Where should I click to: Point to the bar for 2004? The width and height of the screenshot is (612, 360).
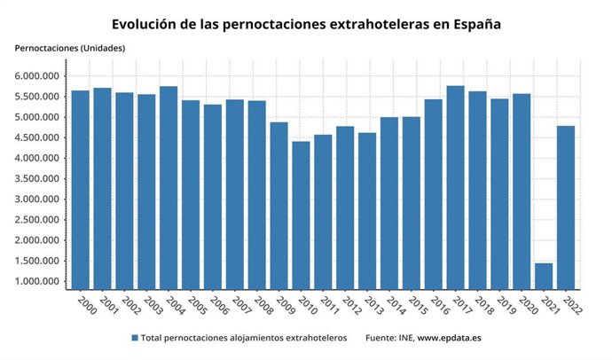[x=169, y=187]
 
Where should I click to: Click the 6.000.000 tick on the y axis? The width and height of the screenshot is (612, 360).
[x=37, y=76]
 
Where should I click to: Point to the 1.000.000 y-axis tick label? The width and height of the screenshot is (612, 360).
[x=37, y=282]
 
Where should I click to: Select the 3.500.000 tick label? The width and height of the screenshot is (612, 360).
[x=37, y=179]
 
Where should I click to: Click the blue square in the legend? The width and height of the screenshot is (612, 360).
[x=135, y=338]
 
